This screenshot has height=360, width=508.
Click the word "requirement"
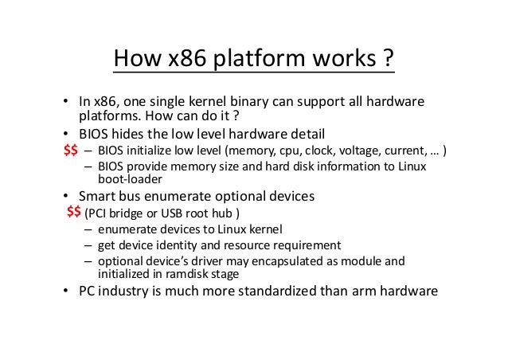click(307, 245)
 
